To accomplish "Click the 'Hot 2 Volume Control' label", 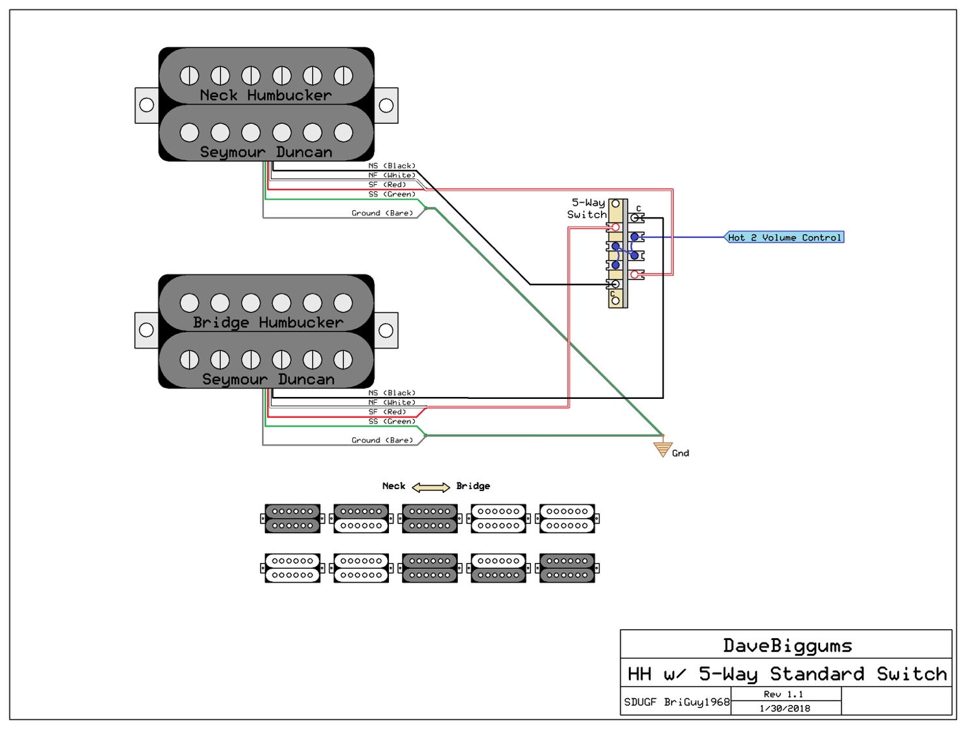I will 784,237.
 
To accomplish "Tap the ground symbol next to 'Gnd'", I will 662,449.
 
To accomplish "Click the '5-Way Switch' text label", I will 587,209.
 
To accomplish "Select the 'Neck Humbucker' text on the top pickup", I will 266,95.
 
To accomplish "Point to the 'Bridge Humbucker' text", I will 268,322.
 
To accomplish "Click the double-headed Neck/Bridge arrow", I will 430,487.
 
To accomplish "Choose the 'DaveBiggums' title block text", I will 787,645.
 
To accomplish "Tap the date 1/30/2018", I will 784,708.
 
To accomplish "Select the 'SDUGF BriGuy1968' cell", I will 676,702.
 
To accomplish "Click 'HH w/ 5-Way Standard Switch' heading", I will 787,674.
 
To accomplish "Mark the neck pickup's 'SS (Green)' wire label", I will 392,194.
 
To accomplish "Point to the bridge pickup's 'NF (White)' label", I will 392,402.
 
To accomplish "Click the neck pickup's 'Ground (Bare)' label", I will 382,213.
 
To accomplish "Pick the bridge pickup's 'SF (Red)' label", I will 387,412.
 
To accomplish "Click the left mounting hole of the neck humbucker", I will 147,105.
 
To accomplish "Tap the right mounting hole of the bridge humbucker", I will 386,330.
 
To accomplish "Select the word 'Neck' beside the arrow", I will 394,486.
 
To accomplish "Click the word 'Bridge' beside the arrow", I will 473,486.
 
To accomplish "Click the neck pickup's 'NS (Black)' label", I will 392,165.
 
